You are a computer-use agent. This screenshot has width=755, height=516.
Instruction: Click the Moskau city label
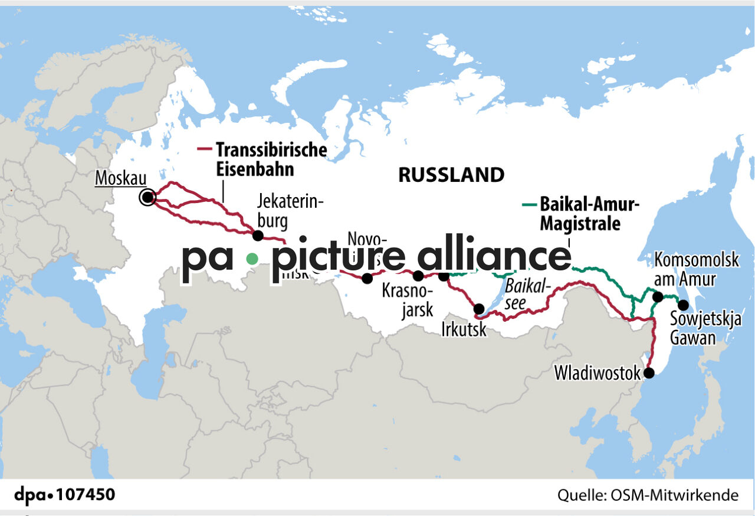point(121,177)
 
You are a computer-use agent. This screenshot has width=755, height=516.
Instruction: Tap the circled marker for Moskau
point(147,198)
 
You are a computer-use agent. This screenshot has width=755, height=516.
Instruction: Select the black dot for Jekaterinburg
point(258,236)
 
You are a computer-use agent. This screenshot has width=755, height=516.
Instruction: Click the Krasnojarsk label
point(408,300)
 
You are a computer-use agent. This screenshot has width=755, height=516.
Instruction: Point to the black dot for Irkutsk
point(479,309)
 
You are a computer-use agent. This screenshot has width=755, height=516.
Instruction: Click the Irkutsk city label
point(464,329)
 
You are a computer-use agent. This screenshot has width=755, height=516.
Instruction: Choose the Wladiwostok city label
point(598,373)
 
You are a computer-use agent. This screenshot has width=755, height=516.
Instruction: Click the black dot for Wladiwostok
point(649,373)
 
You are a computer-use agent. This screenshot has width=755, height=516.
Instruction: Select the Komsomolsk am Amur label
point(696,269)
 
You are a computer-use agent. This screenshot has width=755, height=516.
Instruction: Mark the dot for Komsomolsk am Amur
point(658,297)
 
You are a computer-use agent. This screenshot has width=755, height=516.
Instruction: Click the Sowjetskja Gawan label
point(695,329)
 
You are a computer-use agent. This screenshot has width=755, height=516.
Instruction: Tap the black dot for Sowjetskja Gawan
point(683,305)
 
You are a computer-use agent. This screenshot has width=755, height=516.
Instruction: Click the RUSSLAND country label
point(451,175)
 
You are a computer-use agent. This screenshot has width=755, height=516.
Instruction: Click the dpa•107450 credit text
point(65,495)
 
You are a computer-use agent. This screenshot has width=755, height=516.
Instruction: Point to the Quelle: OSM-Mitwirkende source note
point(648,495)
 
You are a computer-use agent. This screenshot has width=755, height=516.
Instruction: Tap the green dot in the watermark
point(252,258)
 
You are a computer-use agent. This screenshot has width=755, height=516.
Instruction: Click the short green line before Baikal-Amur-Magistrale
point(529,205)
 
